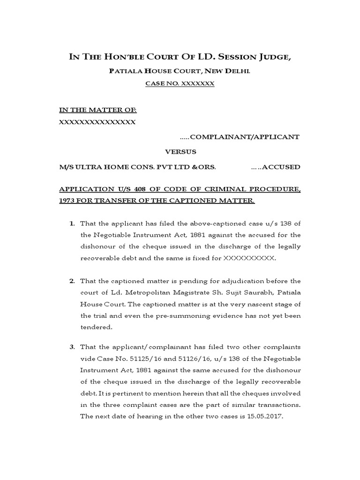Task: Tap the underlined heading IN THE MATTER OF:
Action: click(x=97, y=110)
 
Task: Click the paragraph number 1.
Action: click(x=72, y=224)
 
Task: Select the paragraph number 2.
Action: click(x=72, y=281)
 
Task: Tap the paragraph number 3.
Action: click(x=72, y=347)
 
